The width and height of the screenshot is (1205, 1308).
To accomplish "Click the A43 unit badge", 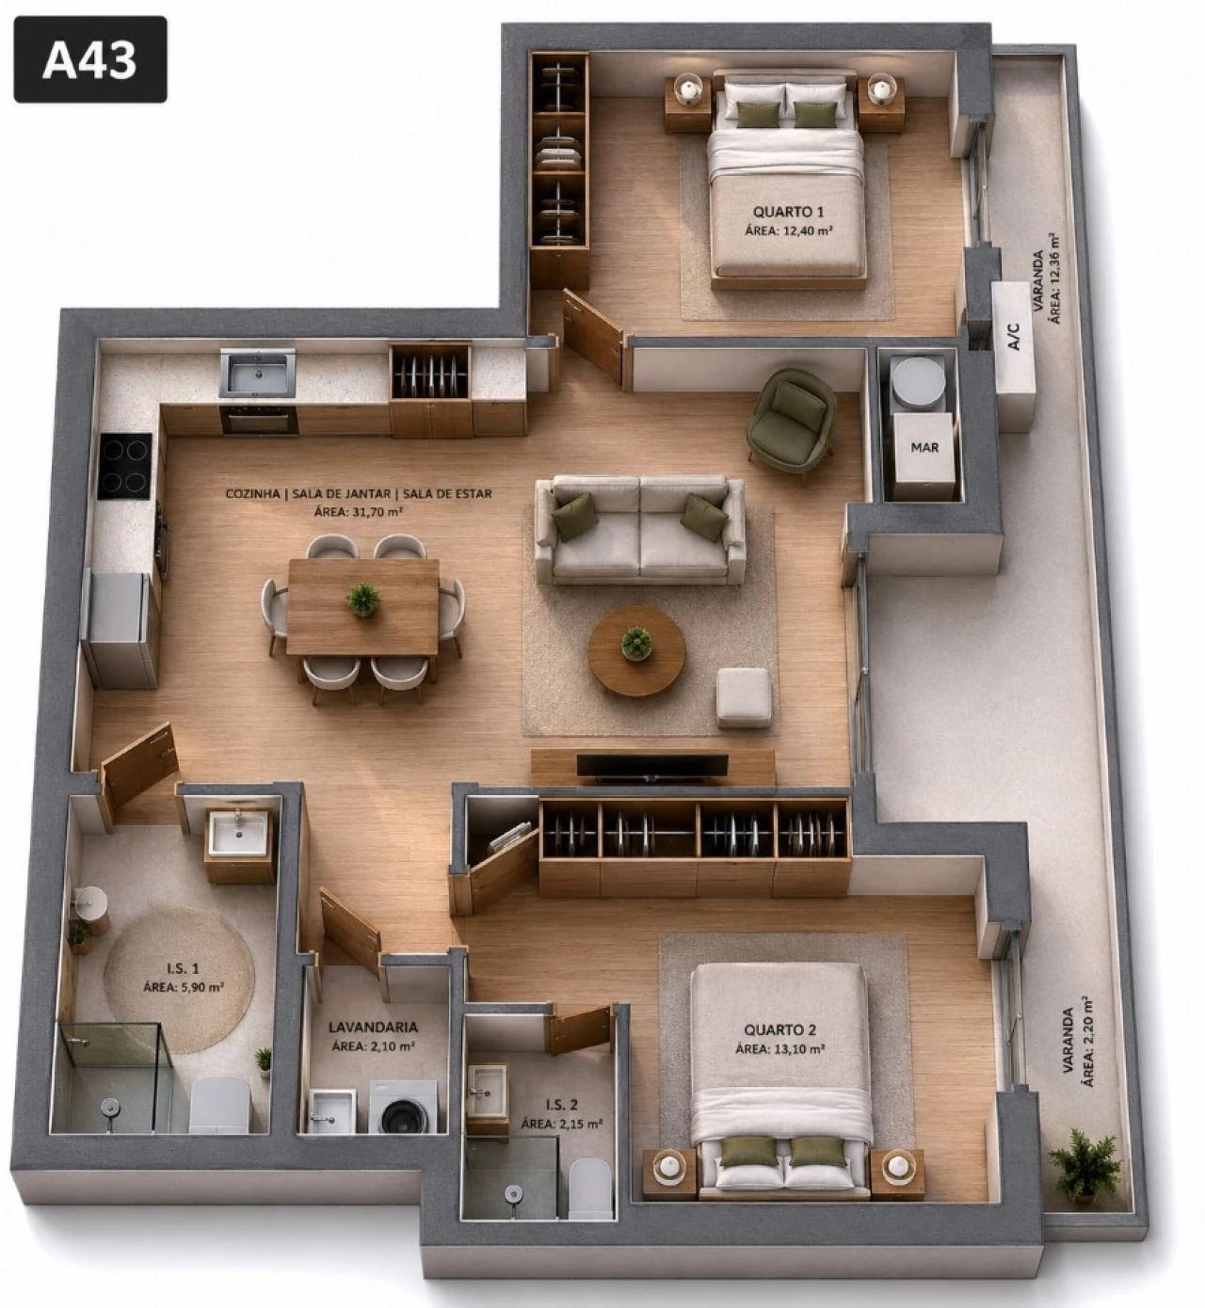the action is tap(90, 59).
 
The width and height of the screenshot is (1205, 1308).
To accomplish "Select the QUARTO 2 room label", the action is tap(780, 1029).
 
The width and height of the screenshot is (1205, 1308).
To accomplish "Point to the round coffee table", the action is tap(636, 650).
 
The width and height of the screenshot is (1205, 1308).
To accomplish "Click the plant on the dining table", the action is tap(362, 598).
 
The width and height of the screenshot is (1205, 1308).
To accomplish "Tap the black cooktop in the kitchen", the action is tap(124, 466).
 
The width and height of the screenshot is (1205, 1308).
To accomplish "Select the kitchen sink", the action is tap(257, 372).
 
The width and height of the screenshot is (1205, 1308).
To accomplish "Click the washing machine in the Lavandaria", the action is tap(403, 1108).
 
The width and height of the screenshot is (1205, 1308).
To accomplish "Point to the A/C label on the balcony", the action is tap(1014, 336).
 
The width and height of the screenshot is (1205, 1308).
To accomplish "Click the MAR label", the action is tap(924, 447).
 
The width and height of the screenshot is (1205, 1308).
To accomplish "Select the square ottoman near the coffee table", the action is tap(743, 697).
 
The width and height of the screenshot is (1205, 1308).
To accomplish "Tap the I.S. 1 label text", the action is tap(183, 968).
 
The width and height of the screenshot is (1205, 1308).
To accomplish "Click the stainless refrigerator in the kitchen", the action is tap(120, 628).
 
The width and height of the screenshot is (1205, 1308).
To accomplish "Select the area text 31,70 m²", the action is tap(358, 512).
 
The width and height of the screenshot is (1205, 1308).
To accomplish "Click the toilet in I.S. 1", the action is tap(219, 1107).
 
